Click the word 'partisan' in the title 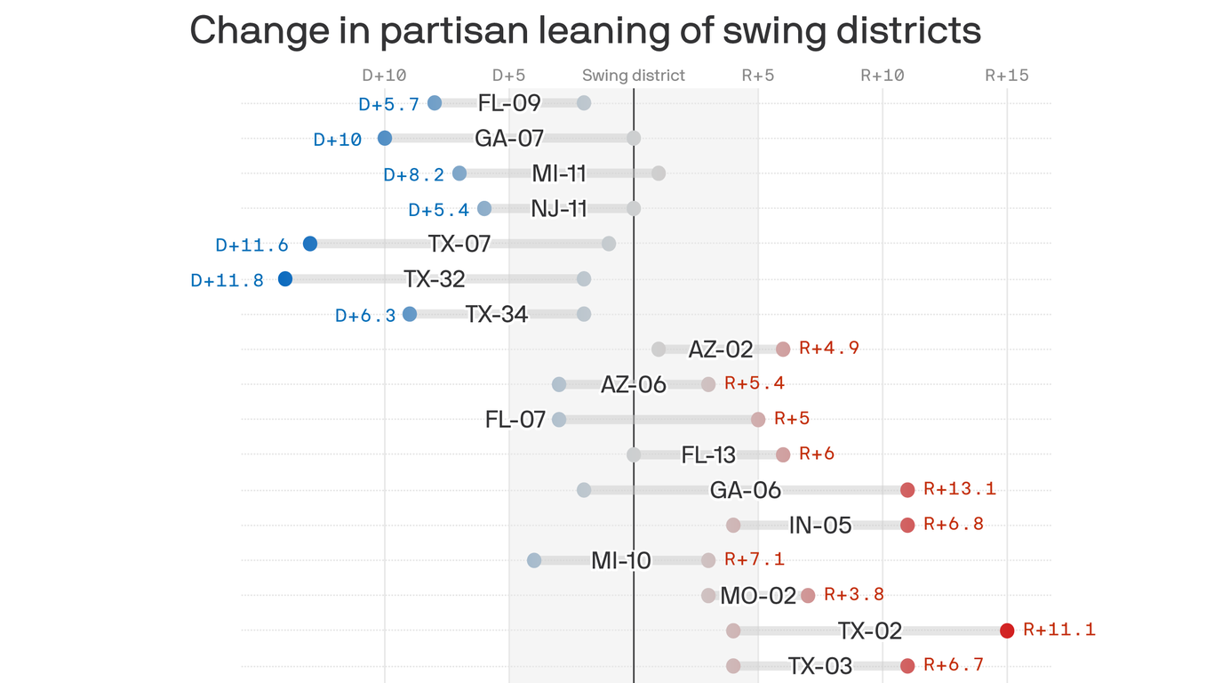pos(443,31)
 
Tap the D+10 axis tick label pos(384,76)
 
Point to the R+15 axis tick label pos(1006,76)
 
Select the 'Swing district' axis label pos(633,76)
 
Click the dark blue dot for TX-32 pos(285,279)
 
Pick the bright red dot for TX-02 pos(1007,631)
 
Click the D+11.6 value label pos(252,245)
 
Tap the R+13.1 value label pos(959,488)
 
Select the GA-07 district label pos(509,138)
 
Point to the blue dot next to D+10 pos(385,138)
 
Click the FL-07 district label pos(515,419)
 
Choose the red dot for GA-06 pos(907,489)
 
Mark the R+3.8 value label pos(853,594)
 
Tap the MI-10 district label pos(621,560)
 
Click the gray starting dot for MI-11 pos(659,173)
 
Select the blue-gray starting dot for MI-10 pos(534,560)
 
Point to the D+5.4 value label pos(438,210)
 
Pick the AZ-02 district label pos(721,350)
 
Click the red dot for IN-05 pos(907,525)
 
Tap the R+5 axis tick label pos(757,76)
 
